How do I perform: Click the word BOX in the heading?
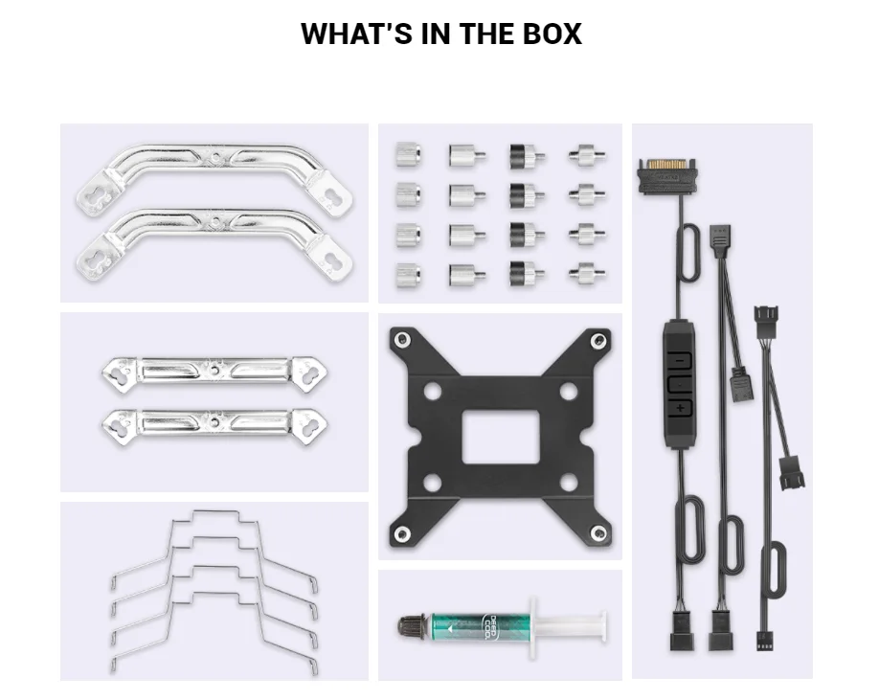552,34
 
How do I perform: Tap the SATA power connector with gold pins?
666,176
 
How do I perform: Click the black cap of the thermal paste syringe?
413,626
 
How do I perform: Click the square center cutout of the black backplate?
500,436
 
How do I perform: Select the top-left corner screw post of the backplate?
402,339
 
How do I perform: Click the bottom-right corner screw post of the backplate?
598,532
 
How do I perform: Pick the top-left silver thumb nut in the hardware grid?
409,154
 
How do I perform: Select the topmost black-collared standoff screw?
527,156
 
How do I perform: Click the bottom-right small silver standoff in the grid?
586,274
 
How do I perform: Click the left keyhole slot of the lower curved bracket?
91,259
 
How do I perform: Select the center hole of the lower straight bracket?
214,421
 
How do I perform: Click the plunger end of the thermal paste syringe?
603,624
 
